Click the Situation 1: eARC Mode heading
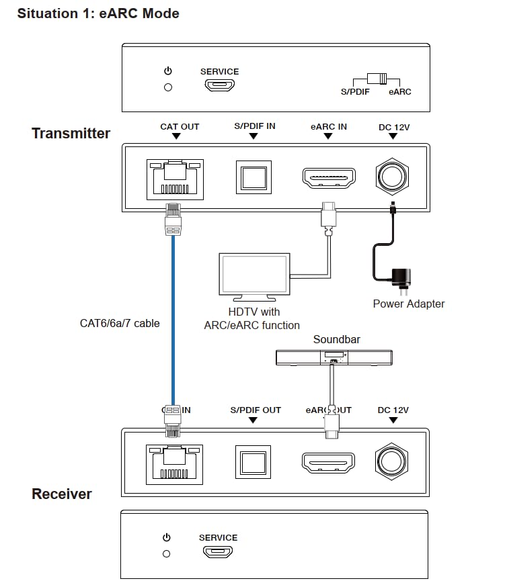click(98, 13)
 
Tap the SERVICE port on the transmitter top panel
click(219, 86)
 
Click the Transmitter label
click(71, 133)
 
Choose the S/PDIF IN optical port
click(253, 177)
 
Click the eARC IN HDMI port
click(329, 177)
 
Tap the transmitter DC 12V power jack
click(392, 177)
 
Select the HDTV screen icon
click(254, 275)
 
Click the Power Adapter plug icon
click(401, 277)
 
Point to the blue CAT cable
click(173, 322)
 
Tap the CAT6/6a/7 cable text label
click(120, 323)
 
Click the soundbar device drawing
click(334, 358)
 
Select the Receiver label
click(62, 494)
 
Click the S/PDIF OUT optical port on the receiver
click(253, 463)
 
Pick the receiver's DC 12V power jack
click(392, 463)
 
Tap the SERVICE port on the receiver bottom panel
click(218, 552)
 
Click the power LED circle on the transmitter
click(168, 87)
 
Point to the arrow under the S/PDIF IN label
click(253, 136)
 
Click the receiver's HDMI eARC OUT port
click(327, 463)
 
